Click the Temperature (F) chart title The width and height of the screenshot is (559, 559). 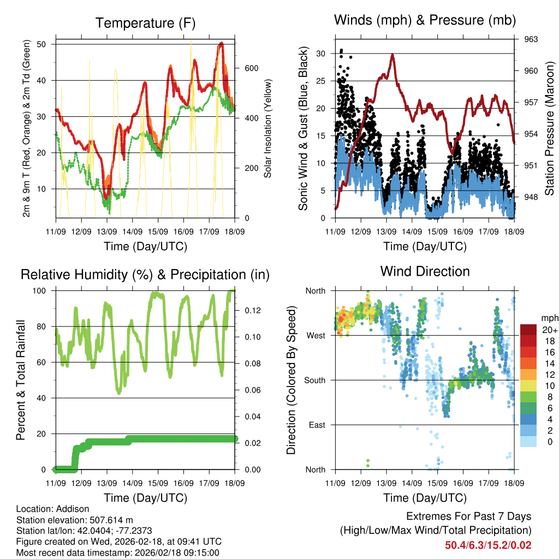pos(145,23)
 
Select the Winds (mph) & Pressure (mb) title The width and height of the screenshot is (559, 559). pos(425,20)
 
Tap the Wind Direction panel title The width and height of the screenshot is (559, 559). pos(425,271)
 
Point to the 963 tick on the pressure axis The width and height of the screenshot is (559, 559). pos(531,39)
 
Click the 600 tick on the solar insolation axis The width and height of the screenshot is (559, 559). pos(251,68)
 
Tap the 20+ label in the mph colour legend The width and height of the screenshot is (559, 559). pos(549,330)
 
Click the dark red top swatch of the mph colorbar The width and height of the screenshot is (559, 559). pos(528,330)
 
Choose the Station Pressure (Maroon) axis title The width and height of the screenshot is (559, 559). pos(550,129)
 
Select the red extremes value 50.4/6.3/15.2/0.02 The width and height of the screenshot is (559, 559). pos(488,545)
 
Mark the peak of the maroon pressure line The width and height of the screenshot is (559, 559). pos(392,54)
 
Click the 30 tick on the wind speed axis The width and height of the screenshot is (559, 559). pos(320,53)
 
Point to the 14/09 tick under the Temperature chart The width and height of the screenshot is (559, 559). pos(132,231)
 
